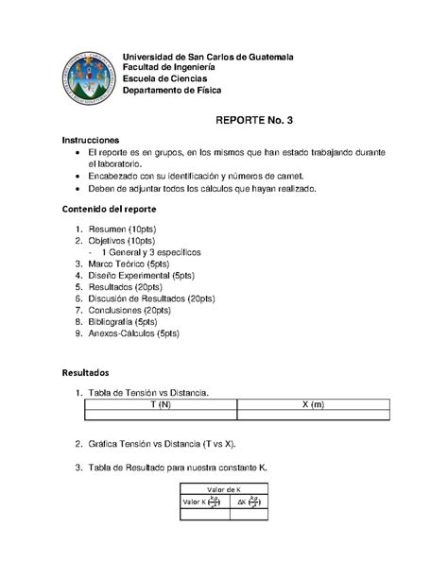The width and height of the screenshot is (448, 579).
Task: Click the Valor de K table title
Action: coord(224,488)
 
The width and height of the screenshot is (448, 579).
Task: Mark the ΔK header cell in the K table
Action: coord(248,502)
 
